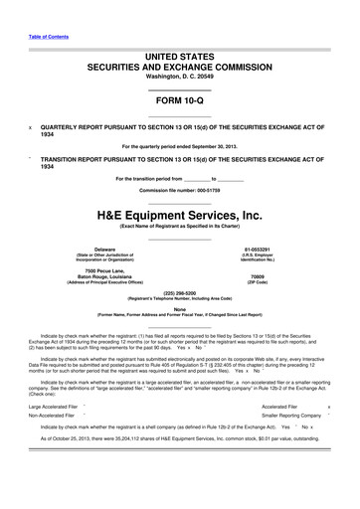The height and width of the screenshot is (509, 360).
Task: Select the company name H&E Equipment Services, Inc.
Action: tap(179, 213)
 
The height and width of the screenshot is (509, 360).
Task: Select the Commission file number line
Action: tap(179, 189)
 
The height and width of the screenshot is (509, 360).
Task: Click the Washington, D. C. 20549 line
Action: tap(179, 77)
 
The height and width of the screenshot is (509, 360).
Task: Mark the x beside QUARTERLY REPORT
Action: tap(30, 127)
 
